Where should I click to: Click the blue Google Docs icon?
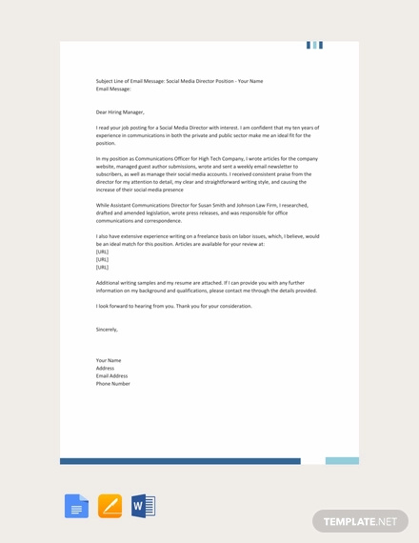coord(76,506)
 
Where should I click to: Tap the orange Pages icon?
coord(110,506)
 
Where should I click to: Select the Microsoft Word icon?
coord(143,506)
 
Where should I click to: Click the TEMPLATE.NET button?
coord(360,521)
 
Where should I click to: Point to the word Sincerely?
coord(107,329)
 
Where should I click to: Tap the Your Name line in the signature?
coord(110,360)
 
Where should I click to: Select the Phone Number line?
coord(113,384)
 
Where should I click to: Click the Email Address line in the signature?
coord(111,375)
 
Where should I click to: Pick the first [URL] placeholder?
coord(102,251)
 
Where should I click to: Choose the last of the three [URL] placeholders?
coord(102,267)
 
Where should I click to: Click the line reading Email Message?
coord(113,89)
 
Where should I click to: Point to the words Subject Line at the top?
coord(111,81)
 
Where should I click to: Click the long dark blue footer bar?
coord(180,461)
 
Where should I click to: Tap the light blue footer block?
coord(342,461)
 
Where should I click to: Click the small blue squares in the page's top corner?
coord(314,45)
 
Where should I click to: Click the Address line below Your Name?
coord(105,368)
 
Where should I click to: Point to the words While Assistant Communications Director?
coord(143,205)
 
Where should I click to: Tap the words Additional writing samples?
coord(129,283)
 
